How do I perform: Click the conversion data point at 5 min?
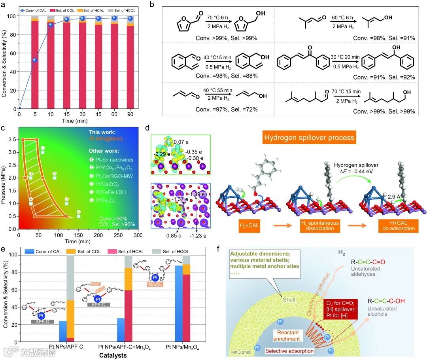pyautogui.click(x=34, y=60)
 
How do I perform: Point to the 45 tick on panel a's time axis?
pyautogui.click(x=98, y=114)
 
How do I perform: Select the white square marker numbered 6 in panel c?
pyautogui.click(x=79, y=216)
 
